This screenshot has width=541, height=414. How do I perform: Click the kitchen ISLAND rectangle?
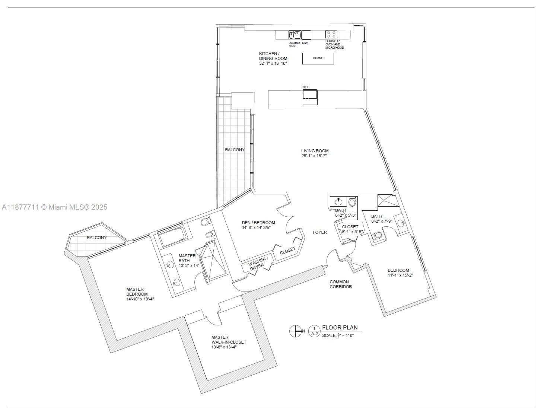[318, 58]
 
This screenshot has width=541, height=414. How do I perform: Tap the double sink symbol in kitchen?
[295, 35]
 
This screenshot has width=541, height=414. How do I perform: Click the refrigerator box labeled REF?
[310, 97]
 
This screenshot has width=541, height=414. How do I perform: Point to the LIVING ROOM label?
[315, 151]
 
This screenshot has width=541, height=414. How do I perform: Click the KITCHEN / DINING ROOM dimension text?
[273, 63]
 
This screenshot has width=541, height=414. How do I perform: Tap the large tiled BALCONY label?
[235, 150]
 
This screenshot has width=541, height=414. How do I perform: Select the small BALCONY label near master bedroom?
[97, 238]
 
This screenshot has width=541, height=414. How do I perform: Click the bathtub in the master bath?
[172, 237]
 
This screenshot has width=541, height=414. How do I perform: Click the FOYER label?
[319, 232]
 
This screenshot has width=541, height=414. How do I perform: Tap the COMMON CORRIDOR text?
[340, 284]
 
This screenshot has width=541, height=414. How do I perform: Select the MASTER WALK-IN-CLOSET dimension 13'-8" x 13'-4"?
[224, 347]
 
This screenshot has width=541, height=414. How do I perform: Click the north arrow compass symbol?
[296, 331]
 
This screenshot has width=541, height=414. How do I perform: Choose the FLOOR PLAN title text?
[340, 328]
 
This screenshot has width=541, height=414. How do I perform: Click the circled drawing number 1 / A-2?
[314, 331]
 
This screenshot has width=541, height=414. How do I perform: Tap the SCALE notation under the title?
[337, 335]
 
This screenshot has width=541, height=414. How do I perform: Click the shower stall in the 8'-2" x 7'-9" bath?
[388, 201]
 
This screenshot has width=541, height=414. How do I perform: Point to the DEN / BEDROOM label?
[258, 223]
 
